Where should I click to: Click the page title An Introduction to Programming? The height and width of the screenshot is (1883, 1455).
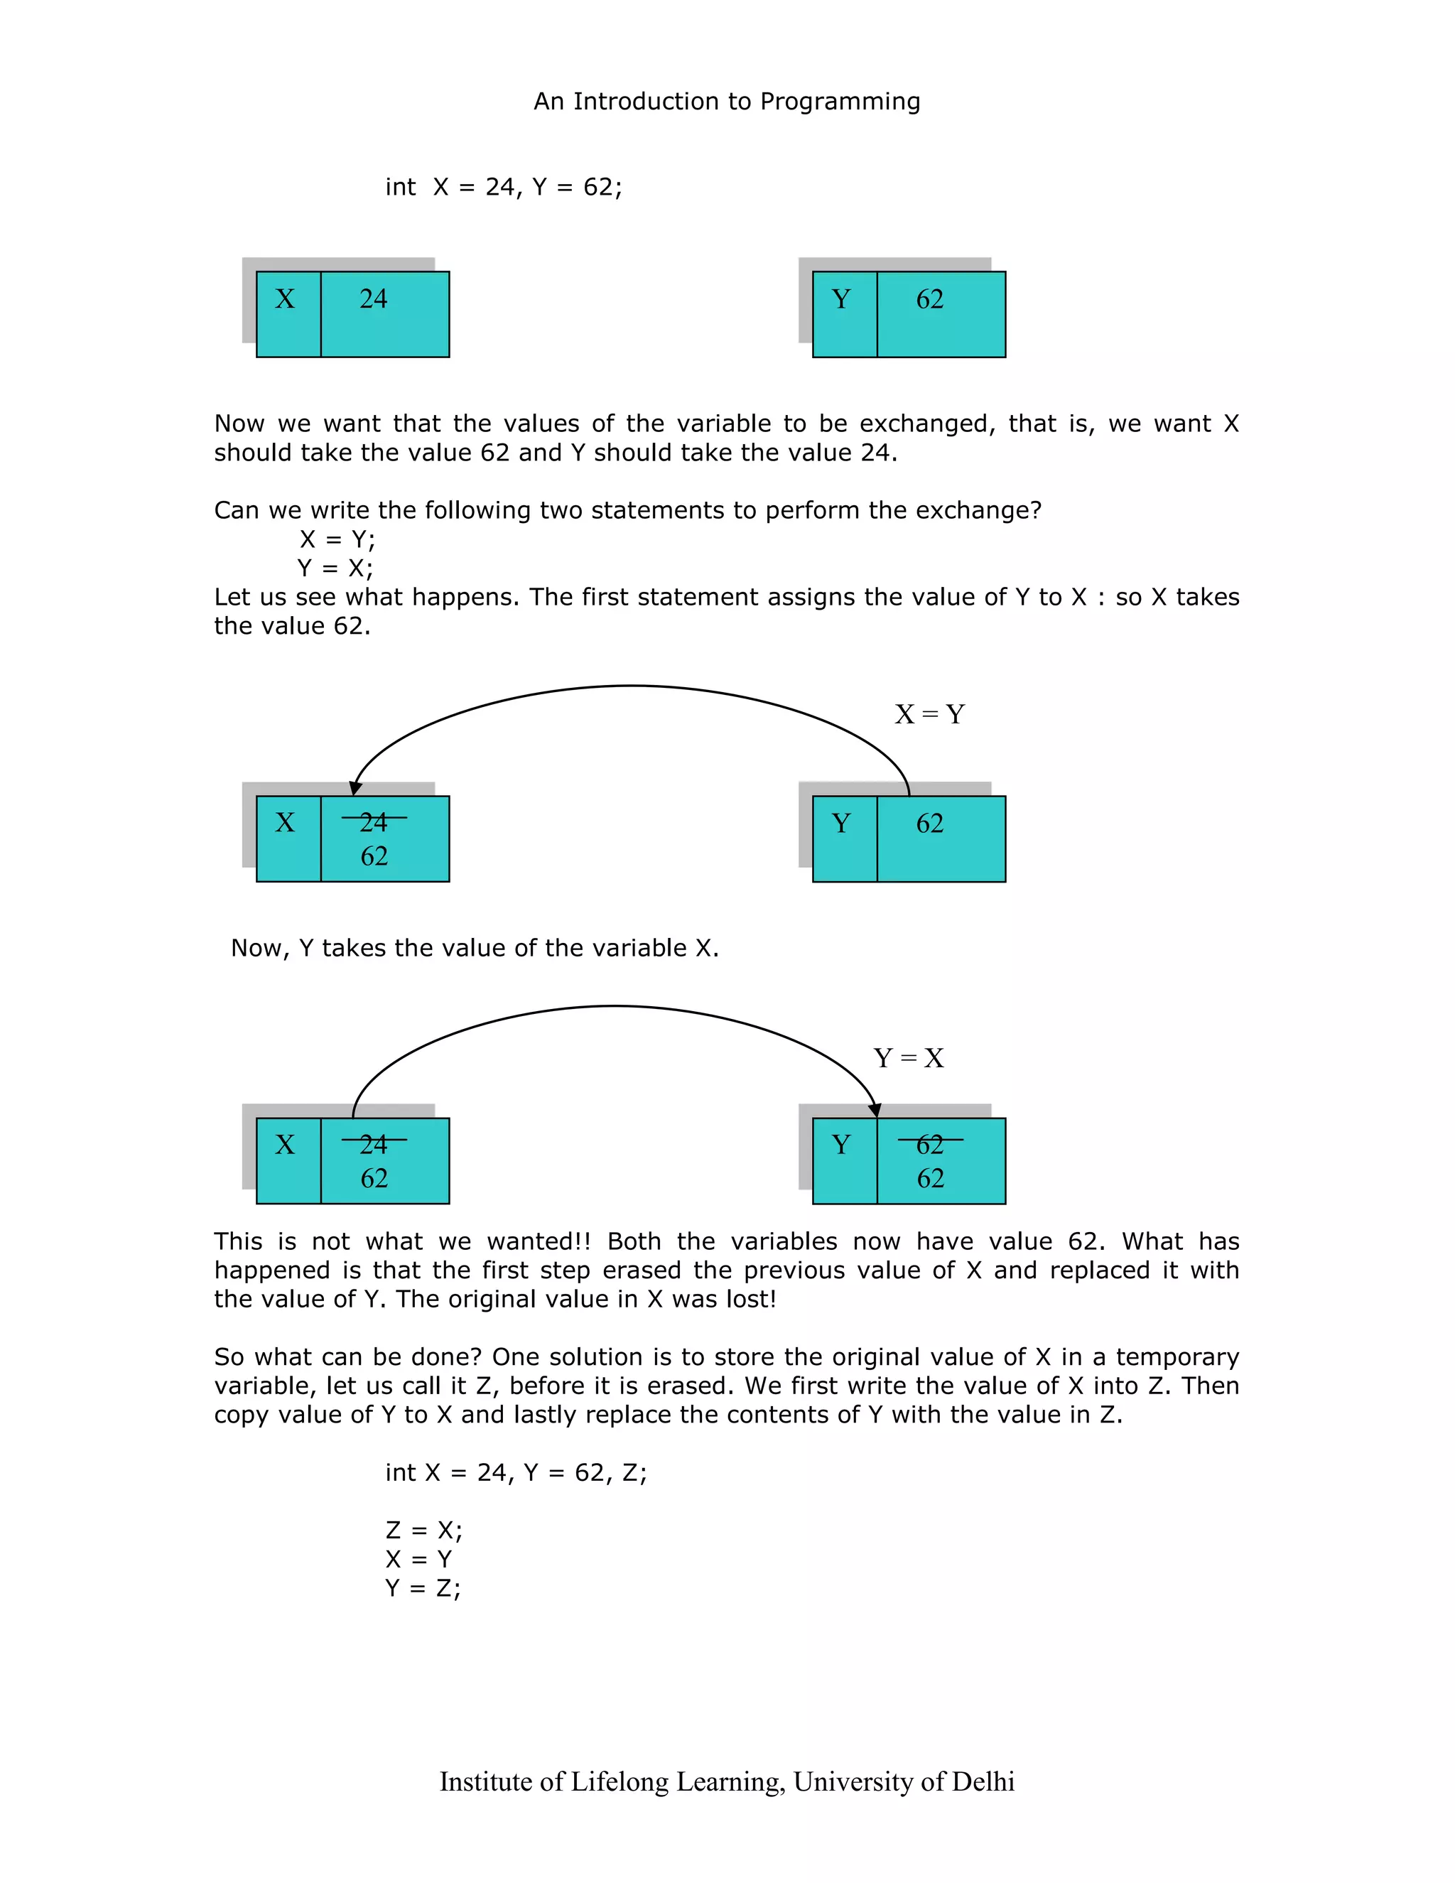pyautogui.click(x=727, y=102)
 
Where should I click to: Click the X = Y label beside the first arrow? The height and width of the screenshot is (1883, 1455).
pyautogui.click(x=929, y=714)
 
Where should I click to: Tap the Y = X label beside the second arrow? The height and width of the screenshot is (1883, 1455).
pyautogui.click(x=909, y=1058)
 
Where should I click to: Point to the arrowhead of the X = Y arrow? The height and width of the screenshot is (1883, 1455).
pyautogui.click(x=355, y=788)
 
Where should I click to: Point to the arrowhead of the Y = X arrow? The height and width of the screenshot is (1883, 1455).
pyautogui.click(x=874, y=1111)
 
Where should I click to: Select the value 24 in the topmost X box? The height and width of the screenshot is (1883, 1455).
pyautogui.click(x=373, y=299)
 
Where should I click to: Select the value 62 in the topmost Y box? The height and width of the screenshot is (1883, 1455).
pyautogui.click(x=929, y=299)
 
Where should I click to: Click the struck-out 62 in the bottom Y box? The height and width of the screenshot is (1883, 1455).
pyautogui.click(x=929, y=1144)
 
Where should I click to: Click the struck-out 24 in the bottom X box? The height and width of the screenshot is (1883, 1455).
pyautogui.click(x=373, y=1144)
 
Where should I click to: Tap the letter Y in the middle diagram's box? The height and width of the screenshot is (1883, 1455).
pyautogui.click(x=841, y=824)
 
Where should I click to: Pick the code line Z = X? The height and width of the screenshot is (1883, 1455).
pyautogui.click(x=424, y=1531)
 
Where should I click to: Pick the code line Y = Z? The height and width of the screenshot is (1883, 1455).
pyautogui.click(x=423, y=1588)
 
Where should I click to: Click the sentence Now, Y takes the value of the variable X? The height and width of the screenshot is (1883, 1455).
pyautogui.click(x=474, y=949)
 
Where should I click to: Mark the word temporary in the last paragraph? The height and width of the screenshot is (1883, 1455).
pyautogui.click(x=1177, y=1357)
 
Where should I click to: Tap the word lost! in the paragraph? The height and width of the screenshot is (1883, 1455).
pyautogui.click(x=750, y=1300)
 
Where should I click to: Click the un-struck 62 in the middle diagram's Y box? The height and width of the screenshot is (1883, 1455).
pyautogui.click(x=929, y=824)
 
